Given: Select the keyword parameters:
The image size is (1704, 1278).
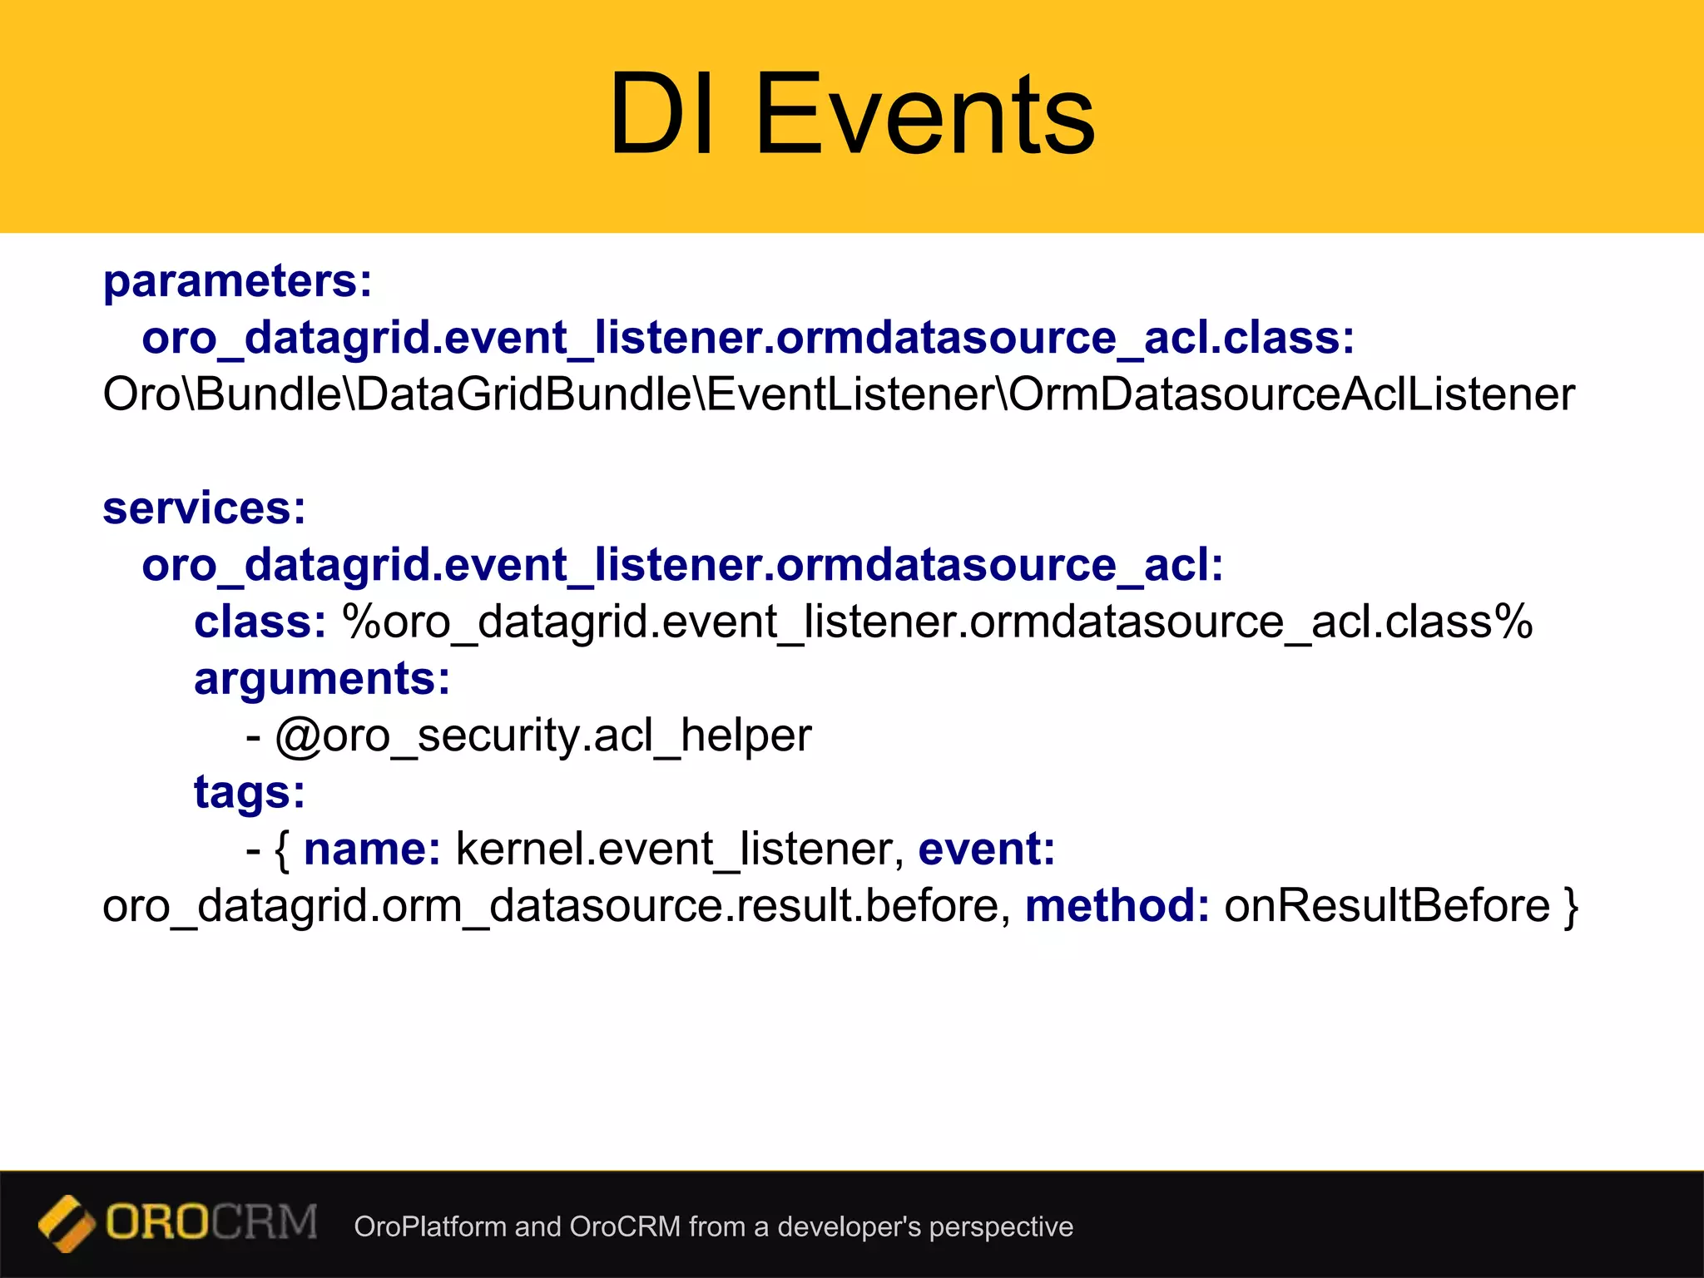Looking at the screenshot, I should coord(237,281).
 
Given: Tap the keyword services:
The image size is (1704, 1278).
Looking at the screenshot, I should coord(204,508).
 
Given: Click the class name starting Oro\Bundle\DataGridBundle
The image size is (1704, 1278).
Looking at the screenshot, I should coord(838,394).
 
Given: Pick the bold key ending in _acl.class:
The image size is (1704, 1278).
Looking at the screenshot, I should coord(748,338).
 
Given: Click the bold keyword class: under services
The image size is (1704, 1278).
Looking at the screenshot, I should coord(260,622).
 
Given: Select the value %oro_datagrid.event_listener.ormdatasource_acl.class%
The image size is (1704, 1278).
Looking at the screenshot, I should coord(937,622).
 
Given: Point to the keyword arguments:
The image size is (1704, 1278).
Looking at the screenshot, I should coord(322,679).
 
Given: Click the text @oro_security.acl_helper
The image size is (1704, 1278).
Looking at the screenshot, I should coord(542,736).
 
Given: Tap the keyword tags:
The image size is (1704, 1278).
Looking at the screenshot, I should coord(250,792).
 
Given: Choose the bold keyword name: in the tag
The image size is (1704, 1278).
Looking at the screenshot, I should coord(372,850).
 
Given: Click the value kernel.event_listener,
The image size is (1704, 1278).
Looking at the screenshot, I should coord(680,850).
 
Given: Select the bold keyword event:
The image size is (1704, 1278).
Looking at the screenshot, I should coord(986,850).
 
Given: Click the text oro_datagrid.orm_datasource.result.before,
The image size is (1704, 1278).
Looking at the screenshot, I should coord(556,906).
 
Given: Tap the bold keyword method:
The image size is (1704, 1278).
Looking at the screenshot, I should coord(1117,906).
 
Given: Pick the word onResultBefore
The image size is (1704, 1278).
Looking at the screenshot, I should coord(1387,906).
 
